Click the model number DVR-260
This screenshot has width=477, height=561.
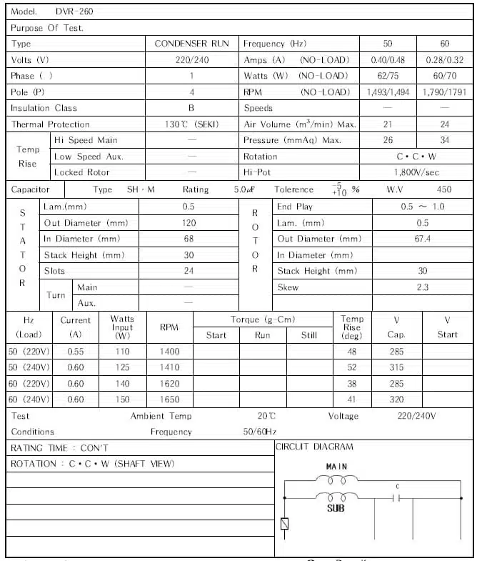(x=74, y=12)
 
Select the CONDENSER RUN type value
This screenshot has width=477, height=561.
(x=191, y=44)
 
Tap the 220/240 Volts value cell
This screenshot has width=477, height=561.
(x=191, y=60)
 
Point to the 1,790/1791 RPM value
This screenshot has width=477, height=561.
(x=444, y=92)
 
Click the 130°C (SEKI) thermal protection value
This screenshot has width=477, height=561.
(x=191, y=124)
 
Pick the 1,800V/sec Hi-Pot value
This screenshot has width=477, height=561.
(x=416, y=172)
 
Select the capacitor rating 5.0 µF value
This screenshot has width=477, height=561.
(x=244, y=190)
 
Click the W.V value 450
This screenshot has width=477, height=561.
(x=444, y=190)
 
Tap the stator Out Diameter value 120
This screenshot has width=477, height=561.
(x=189, y=223)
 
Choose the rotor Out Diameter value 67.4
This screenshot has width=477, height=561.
(x=422, y=239)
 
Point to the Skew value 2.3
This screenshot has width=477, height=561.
(x=422, y=287)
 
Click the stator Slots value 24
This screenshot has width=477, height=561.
(x=189, y=271)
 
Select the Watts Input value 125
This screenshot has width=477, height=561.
(x=122, y=368)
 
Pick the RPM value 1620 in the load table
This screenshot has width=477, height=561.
(x=169, y=384)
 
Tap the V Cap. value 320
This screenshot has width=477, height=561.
(x=396, y=399)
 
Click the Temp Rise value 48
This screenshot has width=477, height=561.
(x=351, y=352)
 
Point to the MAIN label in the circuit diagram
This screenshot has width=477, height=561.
(x=336, y=467)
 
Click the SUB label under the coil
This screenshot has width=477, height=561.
(x=336, y=509)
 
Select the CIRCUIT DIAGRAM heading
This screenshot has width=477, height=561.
(x=315, y=447)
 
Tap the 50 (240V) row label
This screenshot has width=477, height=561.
(x=29, y=368)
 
